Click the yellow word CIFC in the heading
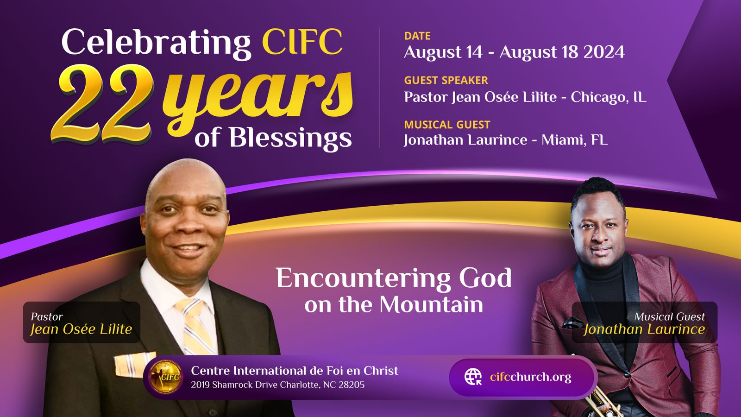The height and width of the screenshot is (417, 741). coord(302,42)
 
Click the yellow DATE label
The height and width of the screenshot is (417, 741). coord(417,36)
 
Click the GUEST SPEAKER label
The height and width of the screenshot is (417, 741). coord(446,80)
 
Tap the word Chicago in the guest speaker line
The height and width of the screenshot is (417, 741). coord(599,97)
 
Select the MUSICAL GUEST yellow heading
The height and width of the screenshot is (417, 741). coord(447,125)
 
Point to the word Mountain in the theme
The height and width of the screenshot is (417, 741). coord(431,304)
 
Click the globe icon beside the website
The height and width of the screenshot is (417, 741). coord(473,377)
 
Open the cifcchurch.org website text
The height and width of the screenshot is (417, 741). coord(531,377)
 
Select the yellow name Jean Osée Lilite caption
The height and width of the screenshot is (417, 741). coord(81,329)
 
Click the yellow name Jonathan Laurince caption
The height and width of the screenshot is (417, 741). coord(644,329)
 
